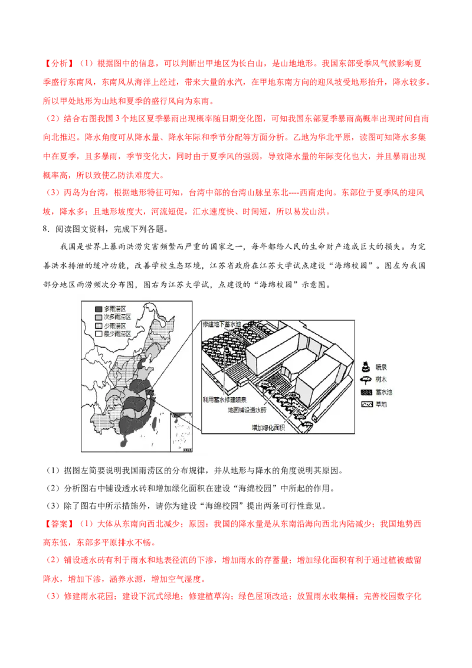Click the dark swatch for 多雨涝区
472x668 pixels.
point(99,309)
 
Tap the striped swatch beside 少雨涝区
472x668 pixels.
point(99,325)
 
